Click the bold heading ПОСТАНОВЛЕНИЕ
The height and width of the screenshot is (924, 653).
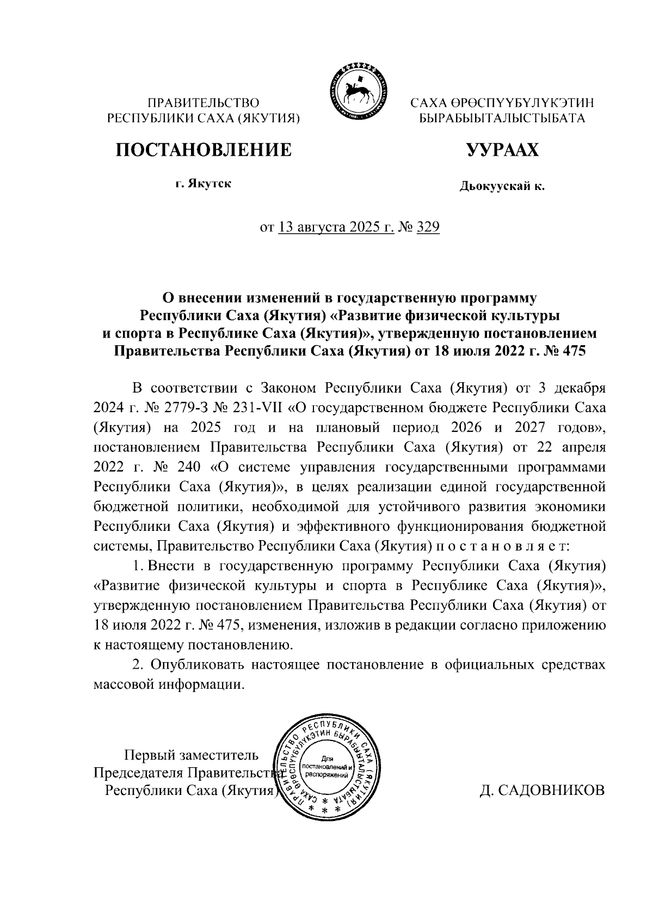202,149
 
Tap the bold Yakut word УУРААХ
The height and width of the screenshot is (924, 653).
502,149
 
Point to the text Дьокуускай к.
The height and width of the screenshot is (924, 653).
502,187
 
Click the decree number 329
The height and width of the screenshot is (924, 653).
427,227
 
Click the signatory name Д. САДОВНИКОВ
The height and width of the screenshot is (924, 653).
541,790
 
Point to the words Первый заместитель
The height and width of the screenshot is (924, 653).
188,755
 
